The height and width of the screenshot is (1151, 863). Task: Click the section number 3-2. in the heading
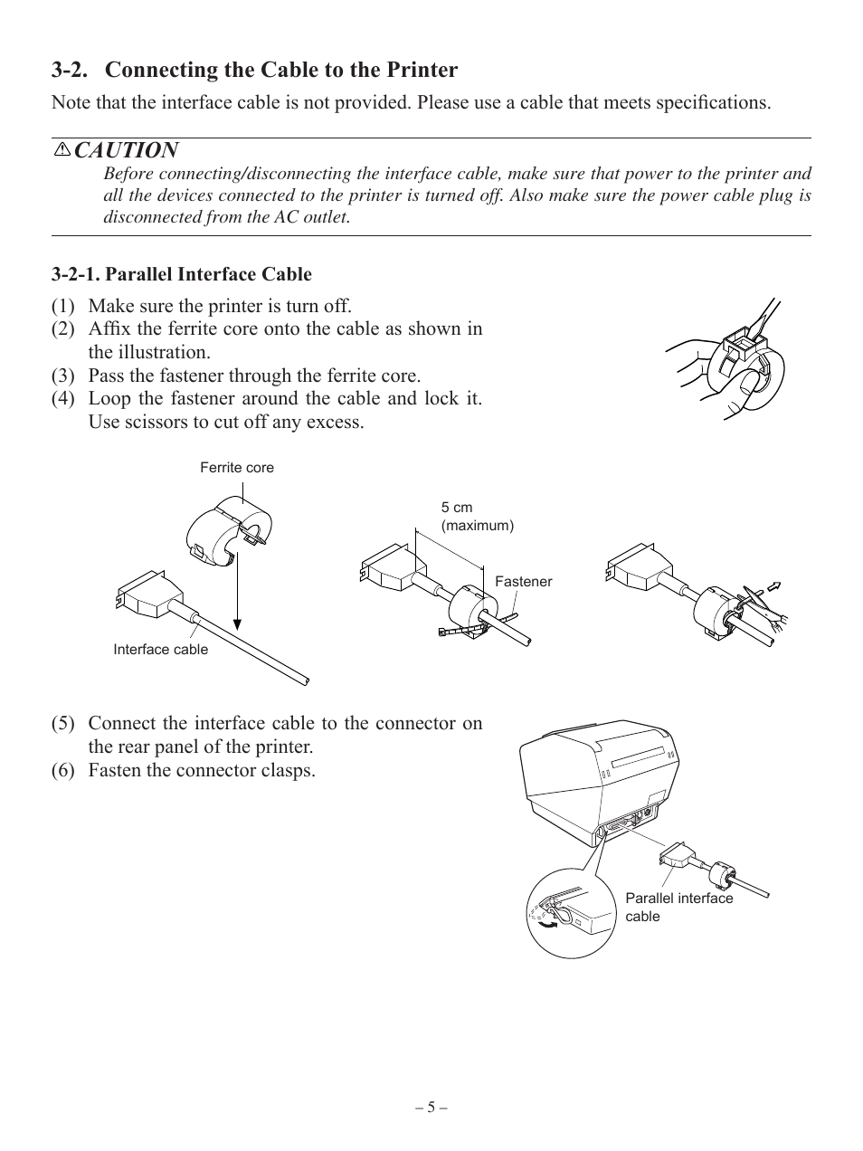point(72,71)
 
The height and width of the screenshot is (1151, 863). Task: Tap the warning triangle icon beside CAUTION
point(62,149)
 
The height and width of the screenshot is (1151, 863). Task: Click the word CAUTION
point(127,150)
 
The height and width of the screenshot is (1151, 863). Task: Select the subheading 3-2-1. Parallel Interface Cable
point(182,274)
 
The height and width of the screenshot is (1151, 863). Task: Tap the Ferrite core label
point(236,468)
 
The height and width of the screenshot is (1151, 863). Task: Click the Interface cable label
point(160,650)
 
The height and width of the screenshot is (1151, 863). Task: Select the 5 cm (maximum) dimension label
point(477,517)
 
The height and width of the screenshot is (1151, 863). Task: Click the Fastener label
point(523,582)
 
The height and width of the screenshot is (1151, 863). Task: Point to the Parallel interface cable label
point(678,907)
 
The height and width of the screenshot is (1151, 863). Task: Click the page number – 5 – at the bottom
point(431,1108)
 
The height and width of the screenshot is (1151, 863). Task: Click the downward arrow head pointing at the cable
point(238,622)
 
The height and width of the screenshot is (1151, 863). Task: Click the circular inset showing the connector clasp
point(565,912)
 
